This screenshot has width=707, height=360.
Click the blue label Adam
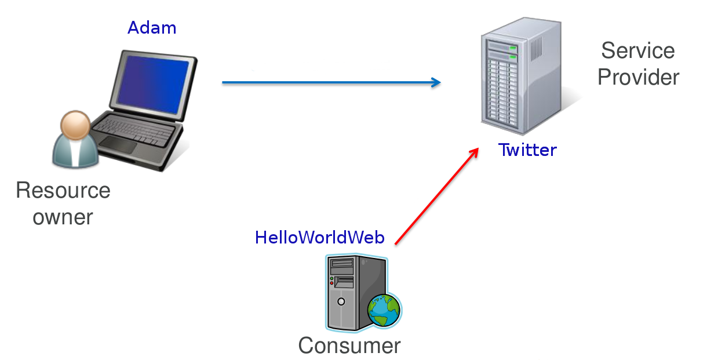(x=152, y=27)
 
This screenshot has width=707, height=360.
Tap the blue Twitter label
(x=527, y=150)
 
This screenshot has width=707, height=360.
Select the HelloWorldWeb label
(x=319, y=237)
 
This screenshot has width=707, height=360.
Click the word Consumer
(x=349, y=346)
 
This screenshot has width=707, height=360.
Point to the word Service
(x=637, y=50)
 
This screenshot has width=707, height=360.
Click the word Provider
(x=638, y=77)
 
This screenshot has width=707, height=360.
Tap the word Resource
(x=63, y=190)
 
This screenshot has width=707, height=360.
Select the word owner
(x=63, y=217)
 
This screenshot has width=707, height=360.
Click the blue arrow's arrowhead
(x=436, y=82)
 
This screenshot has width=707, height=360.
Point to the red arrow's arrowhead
(x=475, y=151)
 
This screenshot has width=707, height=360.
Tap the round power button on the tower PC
(x=341, y=301)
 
